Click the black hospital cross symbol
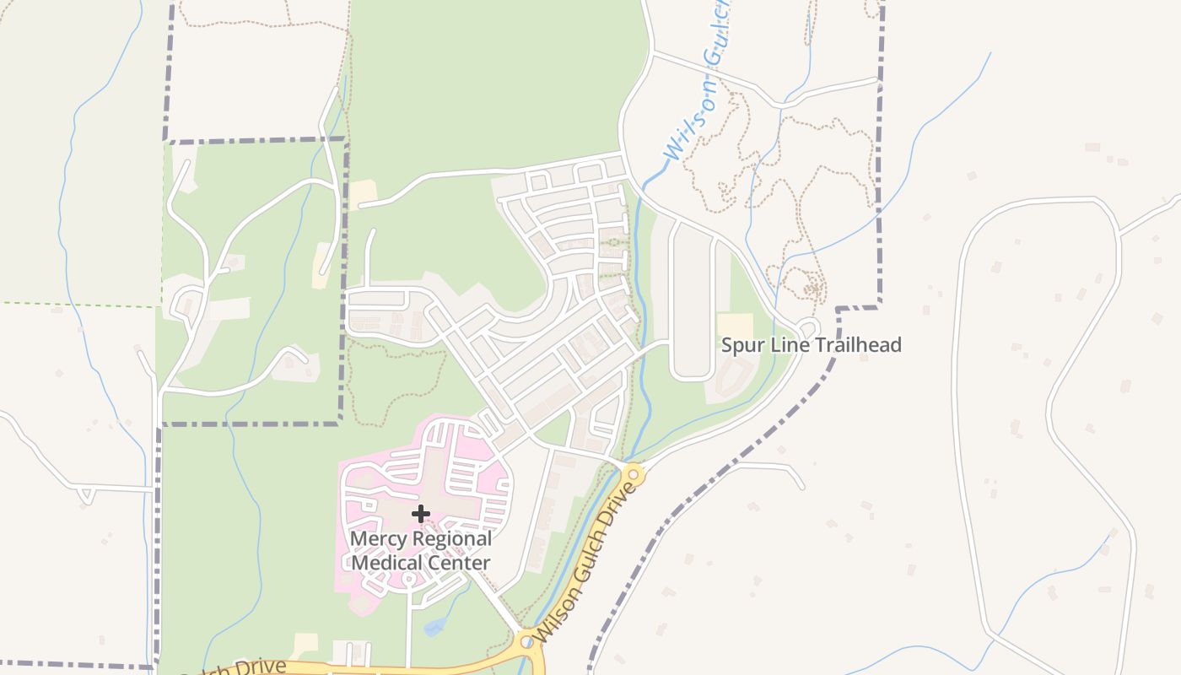(421, 513)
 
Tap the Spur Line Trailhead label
(811, 344)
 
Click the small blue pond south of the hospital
(434, 627)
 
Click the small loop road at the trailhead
(808, 327)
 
